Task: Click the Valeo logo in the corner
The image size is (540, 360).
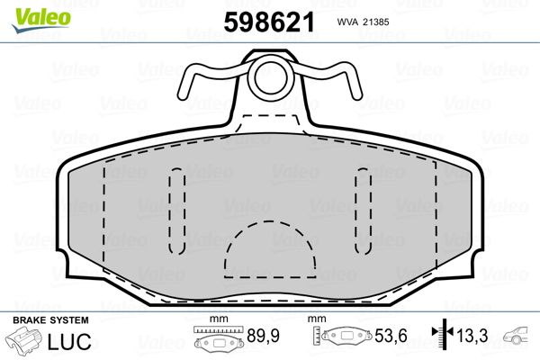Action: click(x=41, y=20)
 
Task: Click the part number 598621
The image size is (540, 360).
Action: click(x=269, y=22)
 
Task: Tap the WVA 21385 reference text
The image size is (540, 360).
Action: click(x=363, y=22)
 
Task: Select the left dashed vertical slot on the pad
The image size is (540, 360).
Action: click(x=177, y=211)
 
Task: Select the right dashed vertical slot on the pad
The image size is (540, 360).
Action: click(x=364, y=211)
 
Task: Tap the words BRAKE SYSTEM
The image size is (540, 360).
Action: click(x=50, y=320)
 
